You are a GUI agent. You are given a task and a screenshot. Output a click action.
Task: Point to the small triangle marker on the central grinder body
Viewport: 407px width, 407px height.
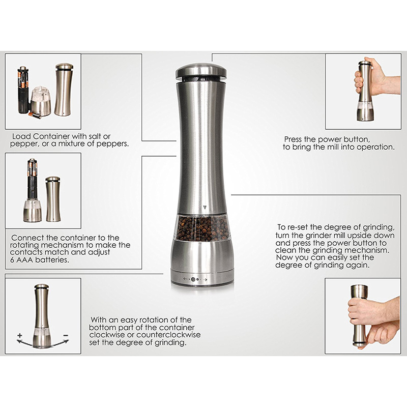(205, 208)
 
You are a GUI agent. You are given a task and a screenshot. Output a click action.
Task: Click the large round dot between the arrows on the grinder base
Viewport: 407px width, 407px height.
(193, 279)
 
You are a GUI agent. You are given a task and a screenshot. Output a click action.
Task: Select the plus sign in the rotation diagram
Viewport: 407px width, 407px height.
(20, 335)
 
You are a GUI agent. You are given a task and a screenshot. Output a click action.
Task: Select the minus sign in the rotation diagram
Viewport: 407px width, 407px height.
(66, 335)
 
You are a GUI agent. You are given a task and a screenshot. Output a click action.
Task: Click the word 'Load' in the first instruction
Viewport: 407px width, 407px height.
(21, 136)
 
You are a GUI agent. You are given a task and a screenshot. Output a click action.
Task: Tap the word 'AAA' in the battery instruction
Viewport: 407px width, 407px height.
(24, 260)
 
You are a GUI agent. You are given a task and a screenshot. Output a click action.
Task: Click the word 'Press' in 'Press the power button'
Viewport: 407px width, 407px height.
(293, 139)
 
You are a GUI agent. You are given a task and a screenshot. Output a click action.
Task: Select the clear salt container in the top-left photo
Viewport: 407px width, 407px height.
(41, 102)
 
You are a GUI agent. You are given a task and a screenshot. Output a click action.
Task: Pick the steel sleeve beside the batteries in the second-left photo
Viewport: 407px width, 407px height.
(53, 199)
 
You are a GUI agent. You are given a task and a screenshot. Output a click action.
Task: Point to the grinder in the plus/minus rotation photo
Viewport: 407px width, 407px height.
(42, 316)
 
